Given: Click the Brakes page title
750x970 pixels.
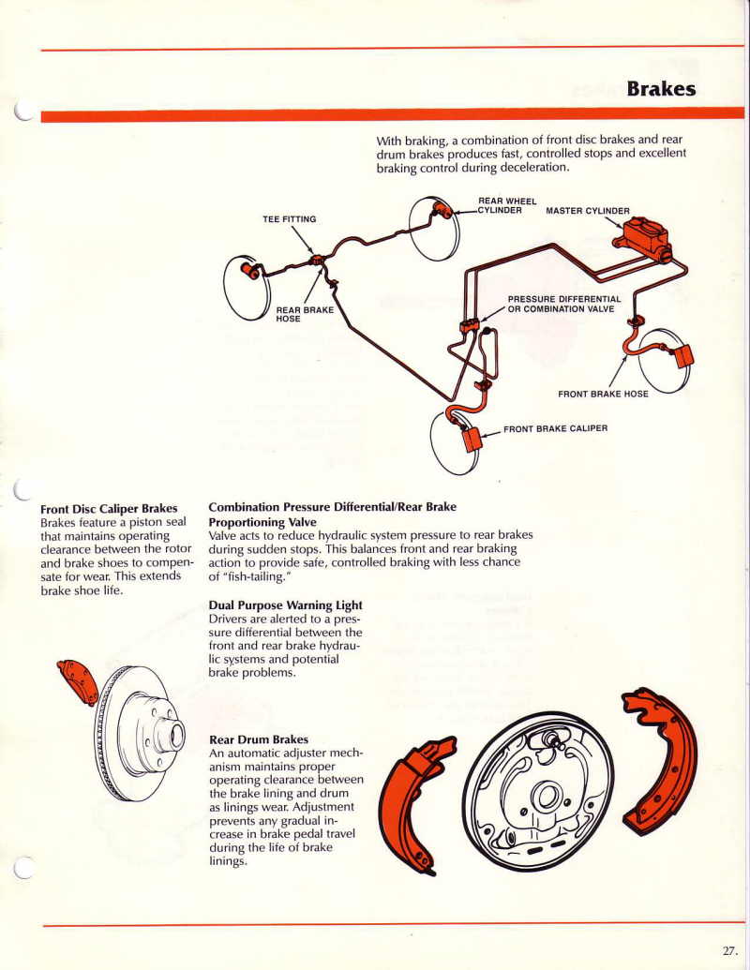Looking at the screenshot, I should click(x=661, y=88).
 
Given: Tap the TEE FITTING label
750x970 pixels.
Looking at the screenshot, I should click(x=289, y=219).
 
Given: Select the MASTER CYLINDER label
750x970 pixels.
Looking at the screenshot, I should click(x=588, y=210).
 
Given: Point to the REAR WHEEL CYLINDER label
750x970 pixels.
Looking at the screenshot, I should click(x=507, y=205).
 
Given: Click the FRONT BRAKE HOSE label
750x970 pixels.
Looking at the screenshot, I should click(x=603, y=394).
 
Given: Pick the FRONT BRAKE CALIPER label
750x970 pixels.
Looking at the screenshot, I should click(x=555, y=428).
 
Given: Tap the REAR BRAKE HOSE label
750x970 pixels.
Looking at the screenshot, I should click(x=304, y=314).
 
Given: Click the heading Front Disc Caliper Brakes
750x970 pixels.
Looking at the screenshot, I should click(x=109, y=509).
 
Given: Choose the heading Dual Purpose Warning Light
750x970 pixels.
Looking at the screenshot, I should click(x=285, y=605).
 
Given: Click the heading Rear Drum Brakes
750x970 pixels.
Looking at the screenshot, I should click(x=259, y=739).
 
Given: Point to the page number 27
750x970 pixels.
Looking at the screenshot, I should click(x=730, y=949).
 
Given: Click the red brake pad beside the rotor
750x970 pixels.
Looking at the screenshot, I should click(x=78, y=680).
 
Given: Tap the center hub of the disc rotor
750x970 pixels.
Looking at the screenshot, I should click(x=171, y=734).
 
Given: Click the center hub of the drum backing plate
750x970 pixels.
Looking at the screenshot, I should click(x=544, y=798).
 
